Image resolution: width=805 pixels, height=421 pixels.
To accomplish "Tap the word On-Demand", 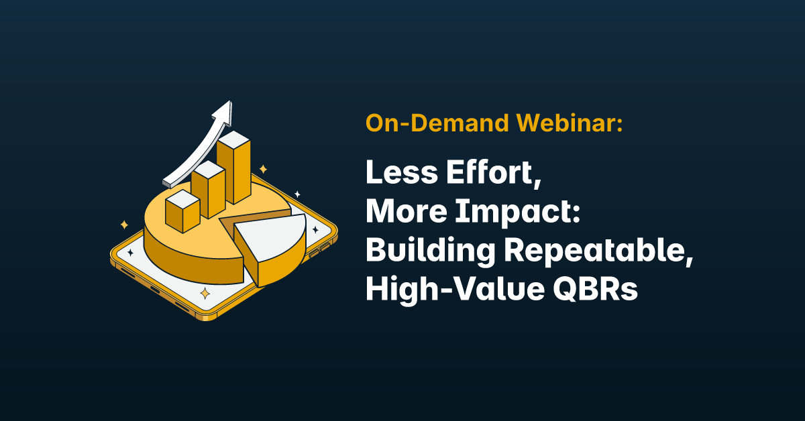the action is click(x=437, y=123).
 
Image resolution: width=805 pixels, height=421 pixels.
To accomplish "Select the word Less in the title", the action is click(x=402, y=172).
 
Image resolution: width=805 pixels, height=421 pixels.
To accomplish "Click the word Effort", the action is click(x=494, y=173).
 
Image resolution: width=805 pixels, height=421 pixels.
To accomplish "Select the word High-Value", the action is click(x=455, y=290).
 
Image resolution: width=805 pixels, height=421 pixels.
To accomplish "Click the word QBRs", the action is click(x=596, y=290).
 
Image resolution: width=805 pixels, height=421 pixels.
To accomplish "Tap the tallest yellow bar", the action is click(x=233, y=168).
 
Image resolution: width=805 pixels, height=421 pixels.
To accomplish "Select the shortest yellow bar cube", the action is click(x=182, y=211).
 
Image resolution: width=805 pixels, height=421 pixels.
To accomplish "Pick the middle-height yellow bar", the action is click(x=209, y=189).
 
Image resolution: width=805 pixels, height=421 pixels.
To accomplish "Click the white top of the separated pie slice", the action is click(x=270, y=236).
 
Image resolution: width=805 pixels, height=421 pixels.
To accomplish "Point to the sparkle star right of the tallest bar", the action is click(x=264, y=169).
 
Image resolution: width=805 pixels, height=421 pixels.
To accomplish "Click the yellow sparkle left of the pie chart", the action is click(x=124, y=225).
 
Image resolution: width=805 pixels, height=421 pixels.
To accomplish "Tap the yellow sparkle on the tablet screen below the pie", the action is click(x=205, y=294).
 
